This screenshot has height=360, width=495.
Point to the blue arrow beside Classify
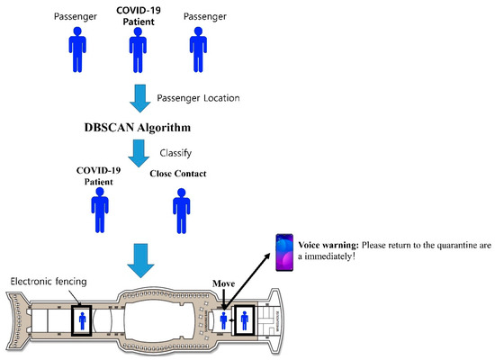click(137, 152)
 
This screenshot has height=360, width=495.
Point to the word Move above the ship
click(223, 283)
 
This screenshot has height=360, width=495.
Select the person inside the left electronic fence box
click(83, 319)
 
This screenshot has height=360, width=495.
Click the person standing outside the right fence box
click(221, 319)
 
